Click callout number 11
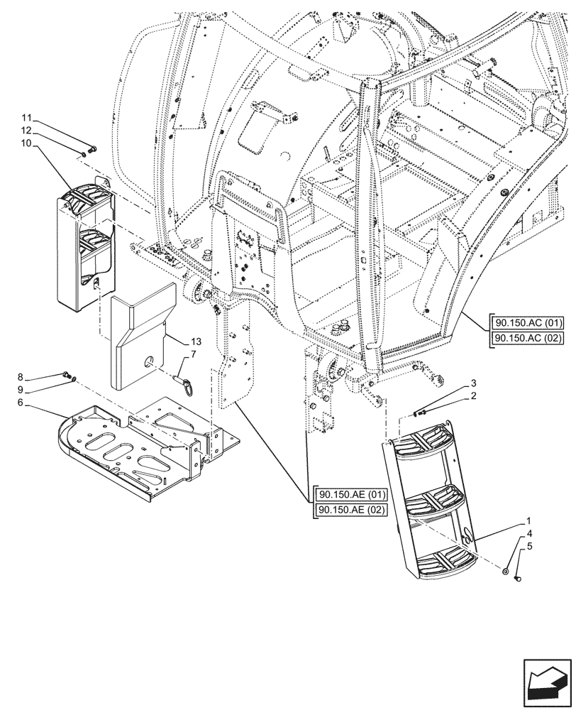[26, 118]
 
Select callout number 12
[26, 131]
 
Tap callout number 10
[26, 143]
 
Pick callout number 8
[21, 377]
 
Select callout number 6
[21, 403]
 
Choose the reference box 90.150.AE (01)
[348, 494]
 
